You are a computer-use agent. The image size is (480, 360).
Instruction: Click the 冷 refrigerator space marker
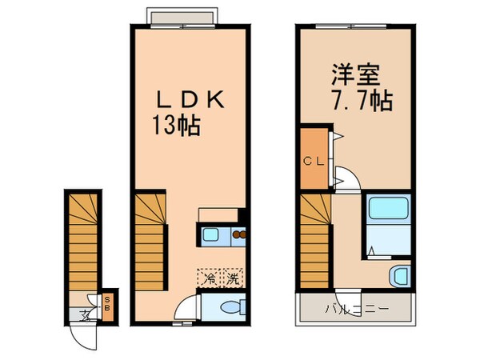coord(209,279)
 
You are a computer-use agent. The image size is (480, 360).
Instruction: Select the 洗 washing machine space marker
coord(232,279)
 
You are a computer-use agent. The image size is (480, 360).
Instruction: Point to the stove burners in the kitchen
coord(238,235)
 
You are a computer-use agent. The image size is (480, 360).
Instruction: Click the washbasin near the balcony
coord(398,276)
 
